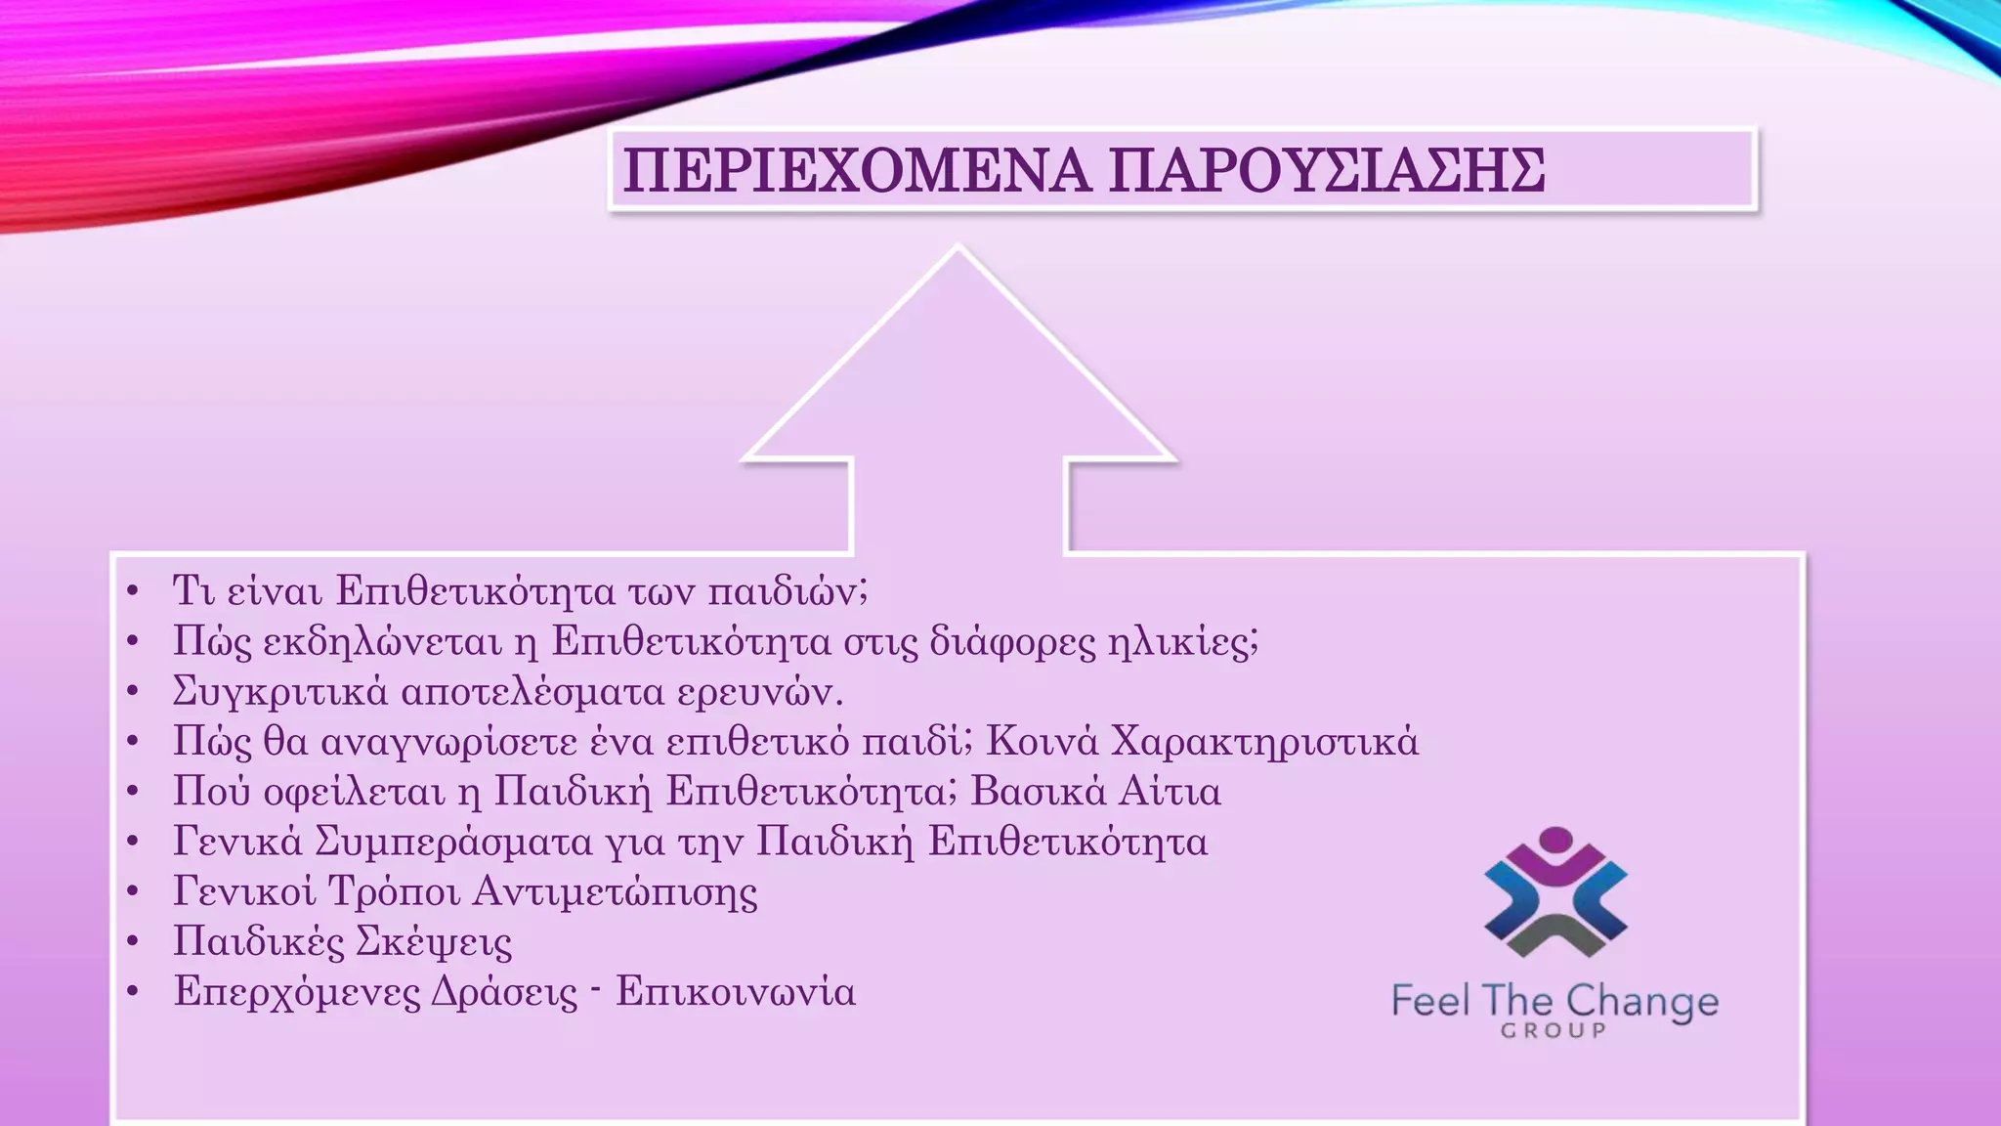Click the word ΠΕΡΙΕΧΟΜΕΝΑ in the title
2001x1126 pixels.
[x=856, y=171]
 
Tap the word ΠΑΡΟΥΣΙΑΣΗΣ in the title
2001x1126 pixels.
[x=1327, y=171]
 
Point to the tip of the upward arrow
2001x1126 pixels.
[x=958, y=248]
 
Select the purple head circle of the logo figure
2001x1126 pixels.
[x=1554, y=841]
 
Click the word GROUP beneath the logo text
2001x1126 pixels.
[x=1554, y=1030]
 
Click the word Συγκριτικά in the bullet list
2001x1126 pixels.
[x=280, y=692]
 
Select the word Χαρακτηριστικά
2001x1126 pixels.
[x=1265, y=742]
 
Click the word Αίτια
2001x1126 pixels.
[x=1170, y=792]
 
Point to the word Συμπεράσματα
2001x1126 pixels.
[x=453, y=842]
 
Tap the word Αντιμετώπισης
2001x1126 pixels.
[x=616, y=892]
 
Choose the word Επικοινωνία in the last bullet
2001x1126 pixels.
[x=736, y=992]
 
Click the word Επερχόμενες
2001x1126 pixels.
[x=297, y=992]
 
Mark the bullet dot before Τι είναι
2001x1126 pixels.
[x=134, y=592]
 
